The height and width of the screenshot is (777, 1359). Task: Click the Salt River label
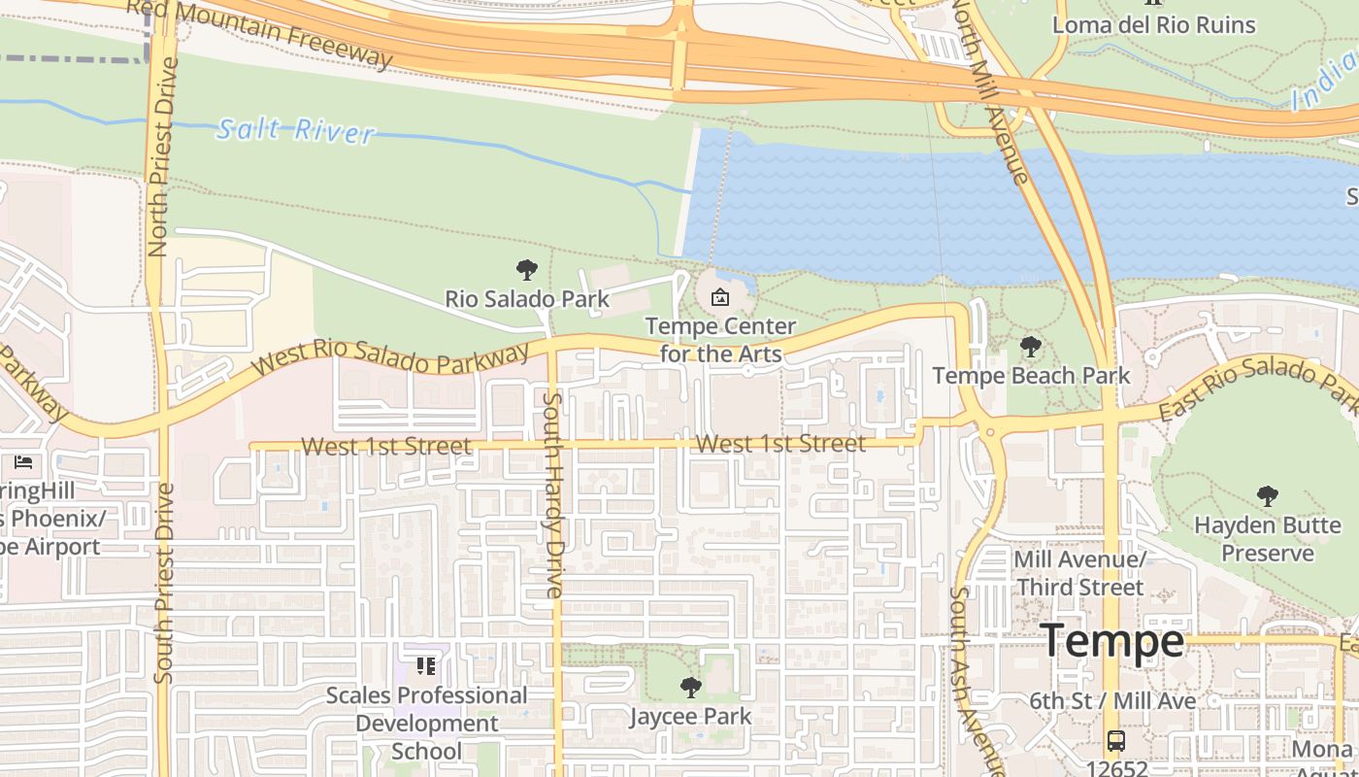(295, 130)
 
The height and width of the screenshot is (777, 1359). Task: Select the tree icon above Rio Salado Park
(527, 270)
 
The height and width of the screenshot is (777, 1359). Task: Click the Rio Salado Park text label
(527, 298)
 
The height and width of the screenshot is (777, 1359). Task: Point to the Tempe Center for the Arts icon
(720, 297)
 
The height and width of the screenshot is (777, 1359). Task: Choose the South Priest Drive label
(163, 582)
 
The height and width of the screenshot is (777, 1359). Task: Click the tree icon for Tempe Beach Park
(1030, 347)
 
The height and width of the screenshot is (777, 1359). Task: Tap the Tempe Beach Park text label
(1031, 375)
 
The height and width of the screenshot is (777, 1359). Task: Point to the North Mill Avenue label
(989, 92)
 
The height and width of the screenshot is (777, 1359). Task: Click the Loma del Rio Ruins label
(1154, 25)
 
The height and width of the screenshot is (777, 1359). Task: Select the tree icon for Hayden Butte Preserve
(1267, 496)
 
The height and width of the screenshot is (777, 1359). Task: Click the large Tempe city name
(1112, 641)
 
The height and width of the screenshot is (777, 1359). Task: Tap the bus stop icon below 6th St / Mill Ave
(1116, 741)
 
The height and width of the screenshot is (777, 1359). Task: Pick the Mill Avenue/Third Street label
(1079, 573)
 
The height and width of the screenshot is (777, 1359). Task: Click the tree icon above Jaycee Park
(690, 688)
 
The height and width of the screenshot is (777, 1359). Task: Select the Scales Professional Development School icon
(425, 666)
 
